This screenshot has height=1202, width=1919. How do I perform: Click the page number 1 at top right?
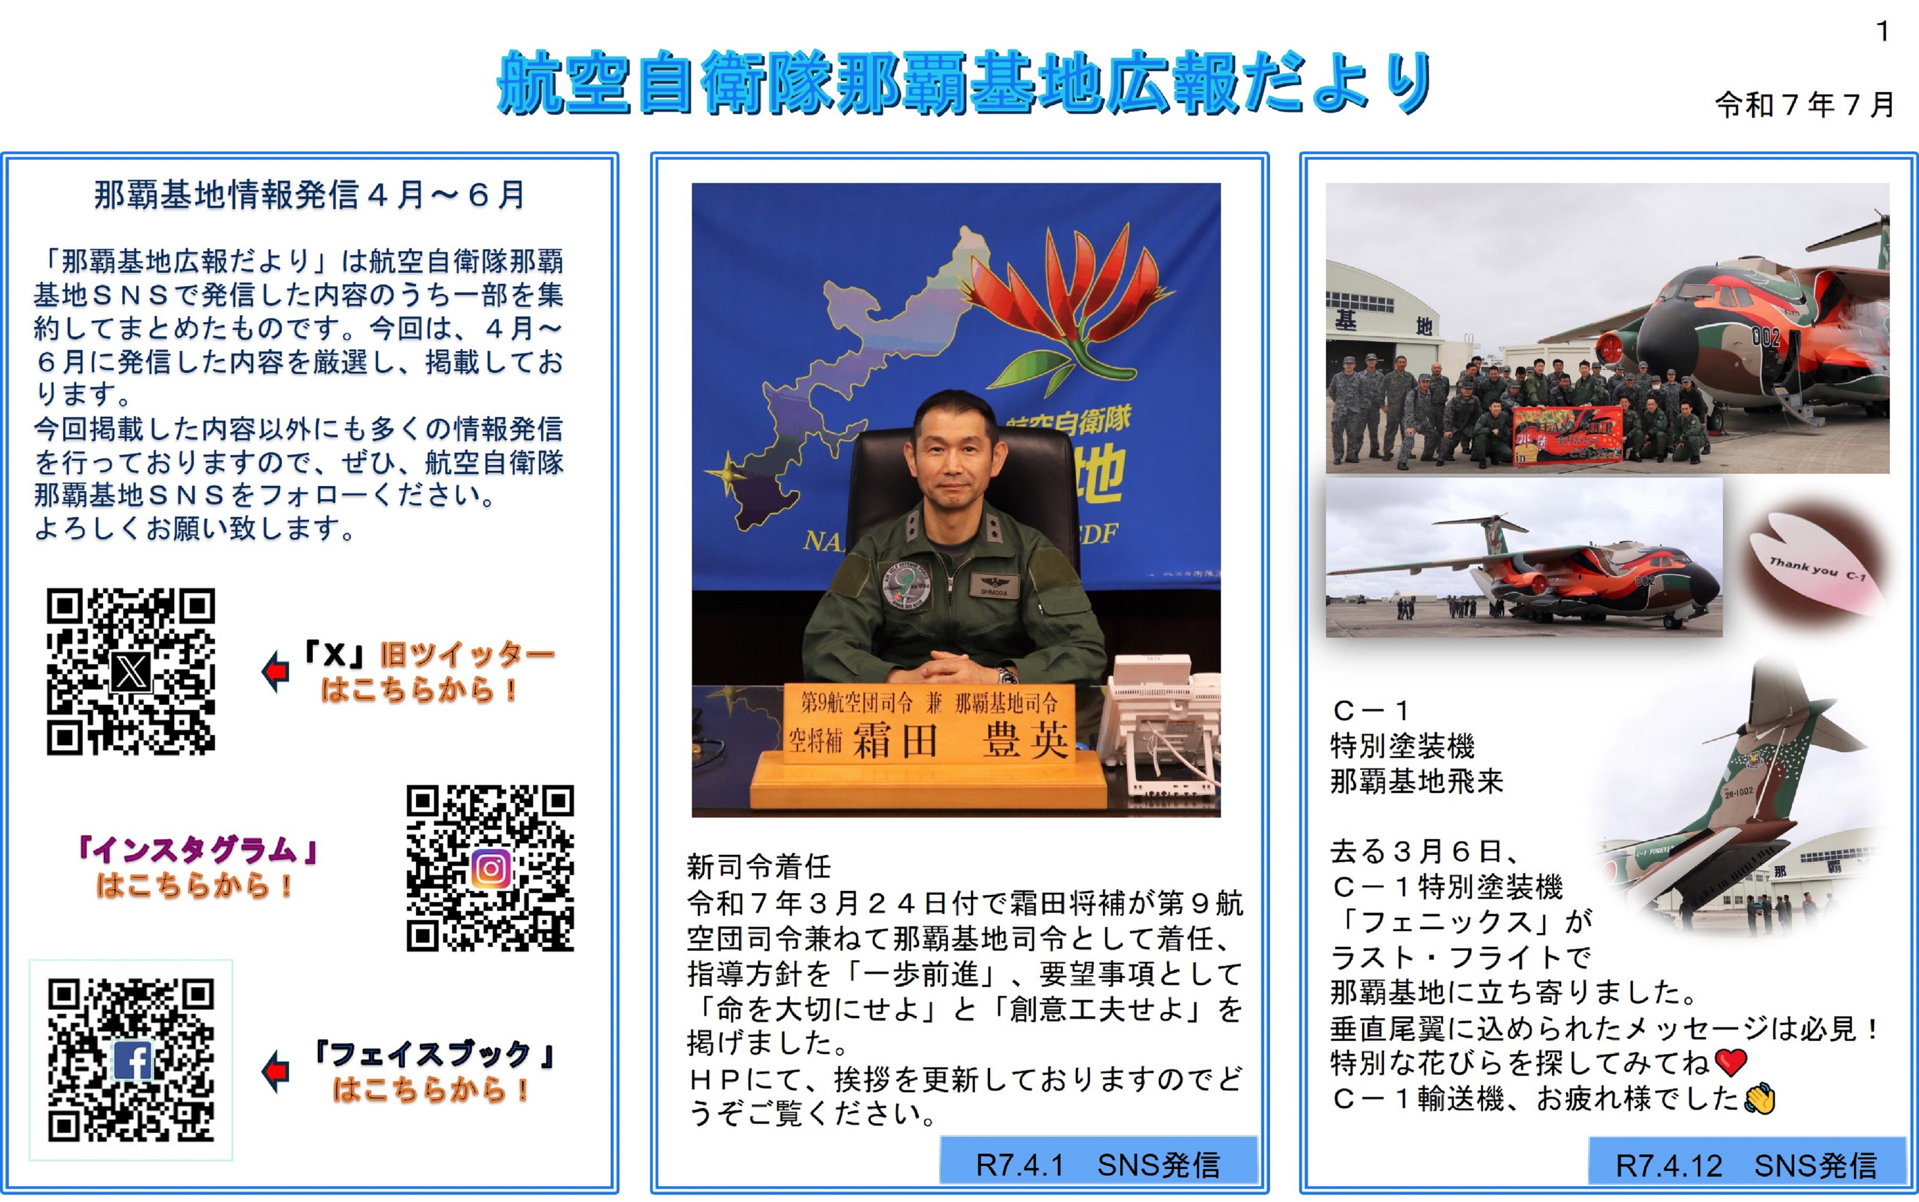pyautogui.click(x=1882, y=32)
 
